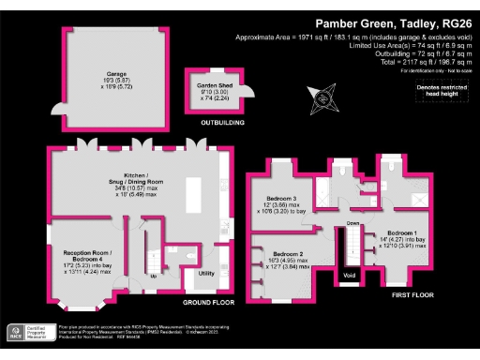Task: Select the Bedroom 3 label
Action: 277,204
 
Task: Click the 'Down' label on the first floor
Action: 353,223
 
